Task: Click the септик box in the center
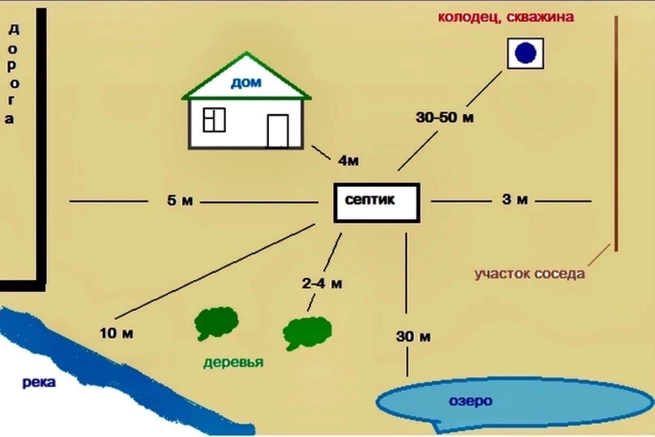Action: pos(377,203)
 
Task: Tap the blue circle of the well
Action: pos(525,53)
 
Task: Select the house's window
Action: pos(214,120)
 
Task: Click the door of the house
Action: pos(278,131)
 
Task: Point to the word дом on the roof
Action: pos(246,83)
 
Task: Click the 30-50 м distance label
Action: pos(445,118)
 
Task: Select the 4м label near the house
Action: pos(348,160)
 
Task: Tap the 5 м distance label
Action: pos(180,201)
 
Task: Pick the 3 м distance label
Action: pos(515,200)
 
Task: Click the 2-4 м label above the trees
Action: pos(322,283)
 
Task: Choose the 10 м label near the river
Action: pos(116,333)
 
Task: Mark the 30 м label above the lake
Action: pos(413,336)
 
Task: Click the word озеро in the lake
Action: pos(471,401)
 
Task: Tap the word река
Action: pos(39,382)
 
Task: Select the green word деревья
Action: pos(234,362)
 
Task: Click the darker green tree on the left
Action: pos(217,323)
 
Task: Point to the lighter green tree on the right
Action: pos(307,333)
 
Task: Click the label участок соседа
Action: pos(530,274)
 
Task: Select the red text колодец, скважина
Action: pos(506,17)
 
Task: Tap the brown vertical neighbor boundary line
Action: pos(616,133)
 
